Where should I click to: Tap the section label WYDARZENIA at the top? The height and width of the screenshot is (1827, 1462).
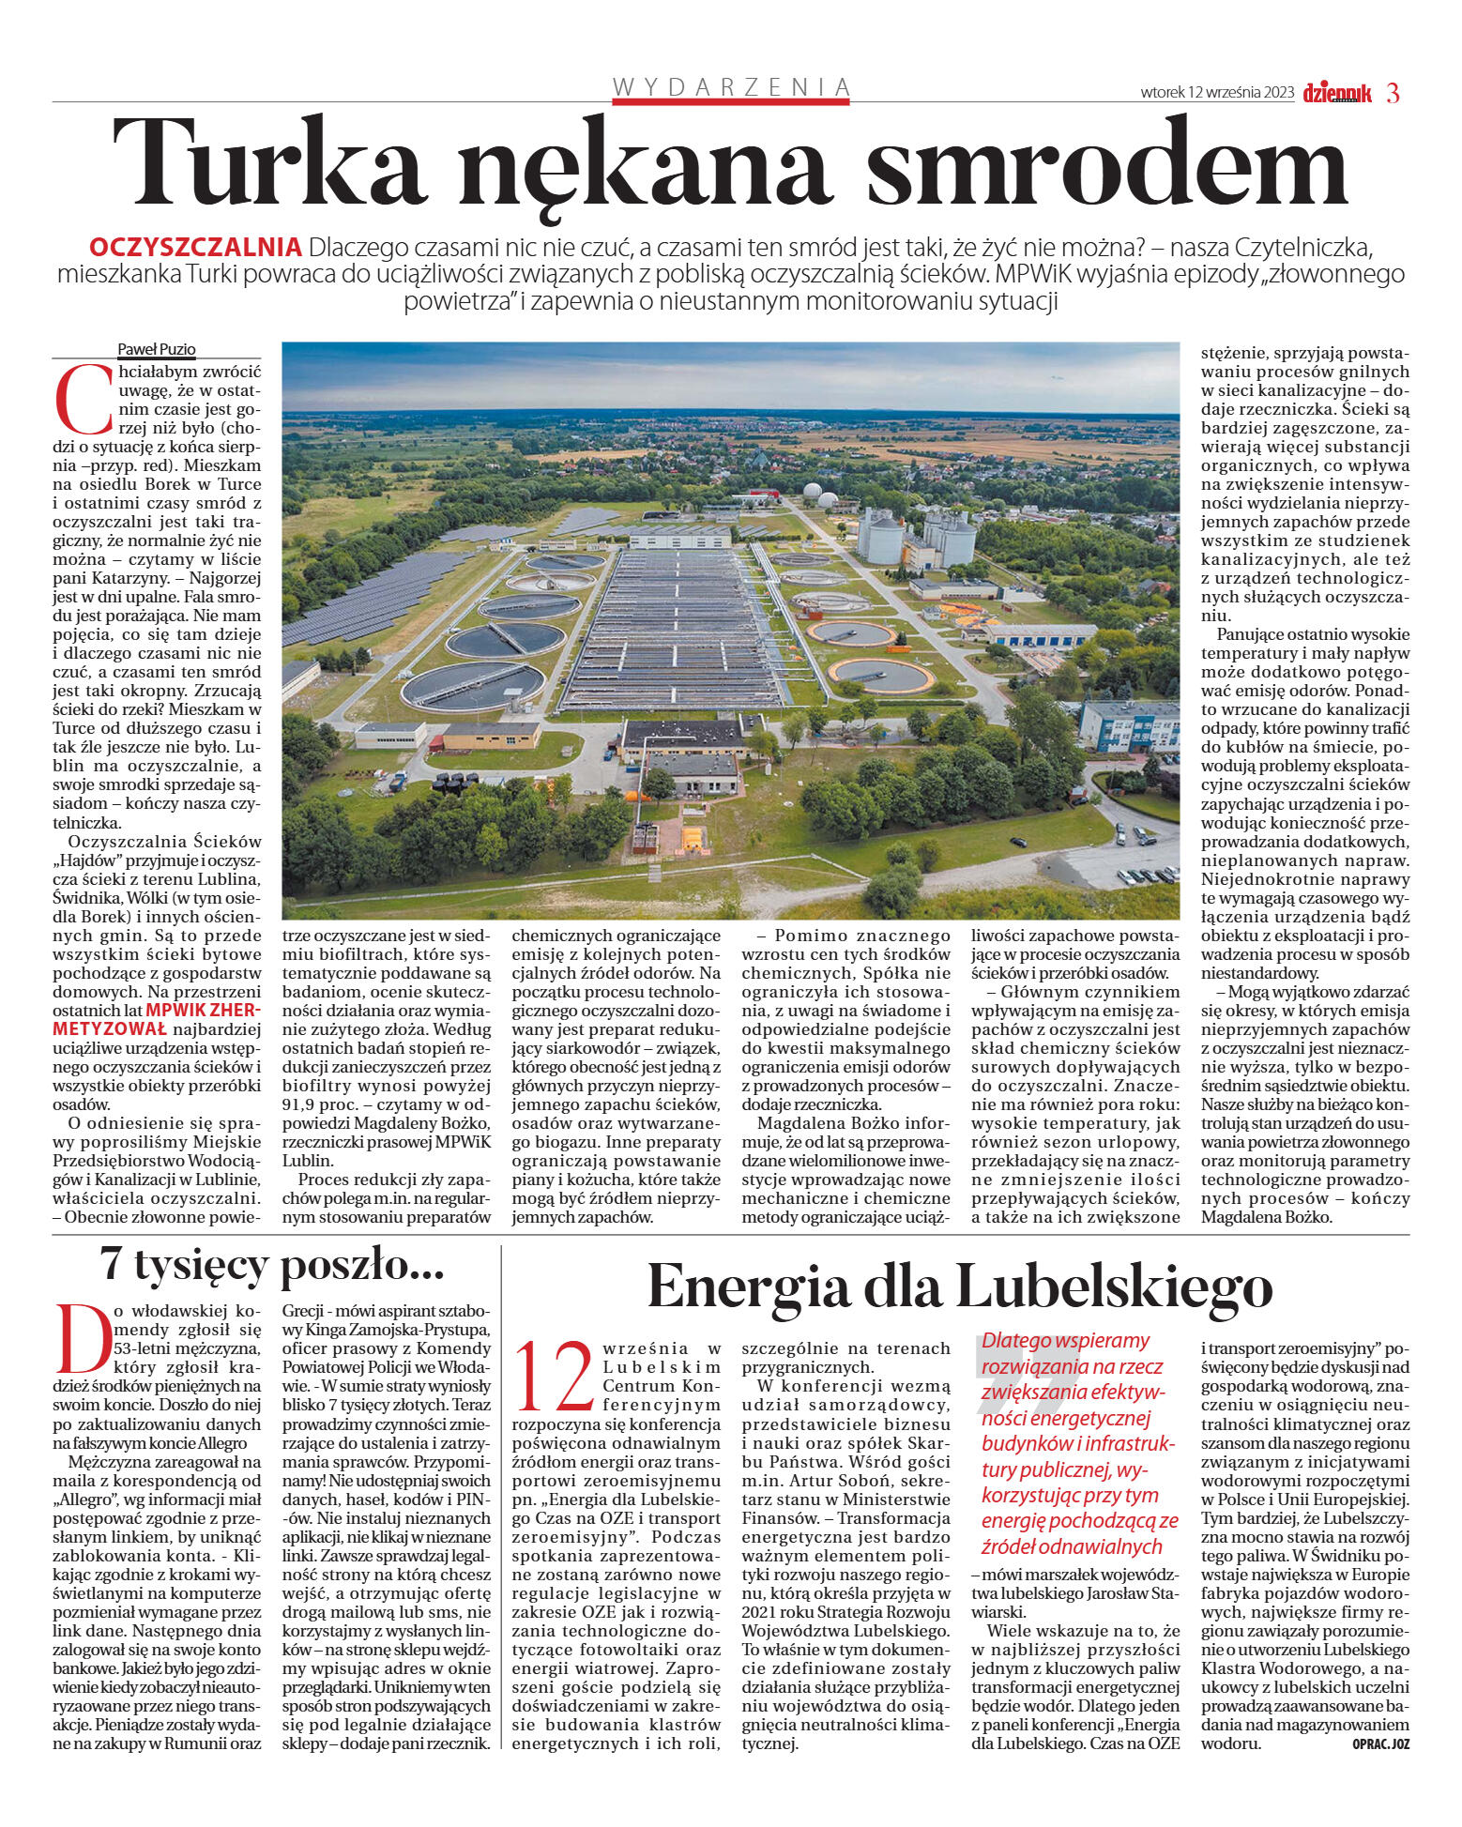(x=731, y=88)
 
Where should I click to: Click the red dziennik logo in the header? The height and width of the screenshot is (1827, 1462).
(x=1336, y=93)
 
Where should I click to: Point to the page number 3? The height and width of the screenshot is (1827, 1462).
(x=1393, y=93)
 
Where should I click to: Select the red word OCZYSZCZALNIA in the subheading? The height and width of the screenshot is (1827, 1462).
(x=195, y=248)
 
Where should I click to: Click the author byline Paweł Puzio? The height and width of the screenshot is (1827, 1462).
(x=157, y=349)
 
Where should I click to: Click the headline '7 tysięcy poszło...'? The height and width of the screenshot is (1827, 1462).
(x=272, y=1266)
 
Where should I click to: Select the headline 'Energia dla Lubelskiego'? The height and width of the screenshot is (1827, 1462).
(x=959, y=1286)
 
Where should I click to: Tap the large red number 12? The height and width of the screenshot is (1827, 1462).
(x=556, y=1378)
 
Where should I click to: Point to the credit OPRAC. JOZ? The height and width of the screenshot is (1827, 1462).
(x=1380, y=1743)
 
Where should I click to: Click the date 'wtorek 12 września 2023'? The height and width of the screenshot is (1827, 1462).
(x=1217, y=93)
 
